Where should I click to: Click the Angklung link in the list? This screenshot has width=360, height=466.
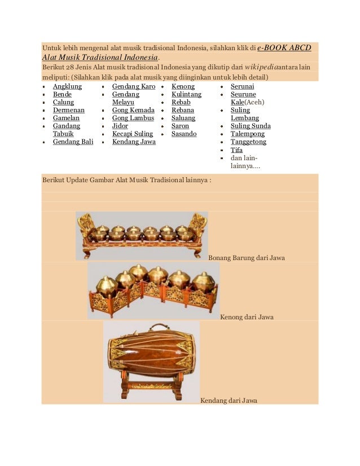click(67, 86)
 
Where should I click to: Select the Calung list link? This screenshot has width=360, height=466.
click(63, 102)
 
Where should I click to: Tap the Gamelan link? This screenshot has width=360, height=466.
click(66, 118)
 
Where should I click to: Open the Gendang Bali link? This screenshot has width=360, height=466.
click(73, 142)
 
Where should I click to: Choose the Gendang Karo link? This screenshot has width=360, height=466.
click(134, 86)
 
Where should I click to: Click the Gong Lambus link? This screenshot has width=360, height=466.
click(133, 118)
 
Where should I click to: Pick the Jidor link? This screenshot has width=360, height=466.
click(120, 126)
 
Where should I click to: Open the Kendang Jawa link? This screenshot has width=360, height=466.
click(134, 142)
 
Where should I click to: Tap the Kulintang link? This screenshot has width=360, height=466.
click(186, 94)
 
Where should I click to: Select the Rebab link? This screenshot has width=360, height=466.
click(182, 102)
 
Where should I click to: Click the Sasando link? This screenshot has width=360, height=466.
click(184, 134)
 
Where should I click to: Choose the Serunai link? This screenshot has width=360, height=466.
click(242, 86)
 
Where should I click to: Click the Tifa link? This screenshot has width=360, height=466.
click(236, 150)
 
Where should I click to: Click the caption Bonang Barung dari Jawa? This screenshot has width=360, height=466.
click(247, 258)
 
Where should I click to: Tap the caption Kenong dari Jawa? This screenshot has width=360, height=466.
click(247, 317)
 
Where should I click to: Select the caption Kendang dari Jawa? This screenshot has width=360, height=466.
click(229, 401)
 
